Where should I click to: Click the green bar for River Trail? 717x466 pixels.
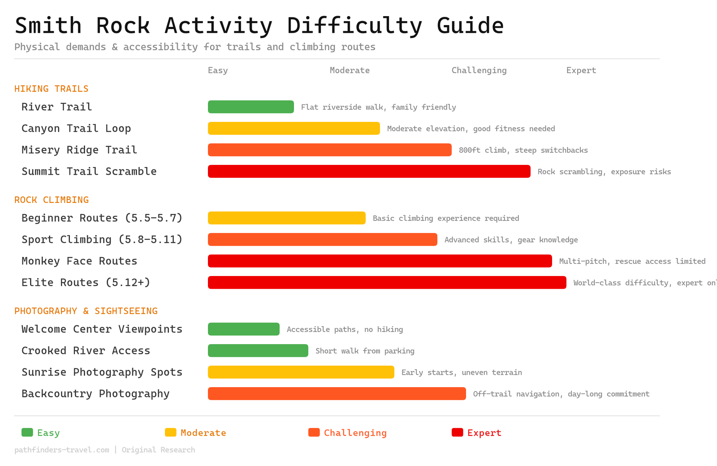[251, 107]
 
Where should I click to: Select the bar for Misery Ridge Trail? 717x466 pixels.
[329, 150]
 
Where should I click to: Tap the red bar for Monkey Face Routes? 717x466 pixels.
[380, 261]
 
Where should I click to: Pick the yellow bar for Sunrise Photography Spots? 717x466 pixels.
[301, 372]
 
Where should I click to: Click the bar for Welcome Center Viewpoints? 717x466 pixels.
[243, 329]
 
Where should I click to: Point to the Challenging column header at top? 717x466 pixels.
[479, 70]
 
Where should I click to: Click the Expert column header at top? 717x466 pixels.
[581, 70]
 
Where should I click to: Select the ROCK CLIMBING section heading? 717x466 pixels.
[52, 200]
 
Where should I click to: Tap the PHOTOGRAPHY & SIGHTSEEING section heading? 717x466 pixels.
[86, 311]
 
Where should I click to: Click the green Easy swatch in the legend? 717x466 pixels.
[27, 432]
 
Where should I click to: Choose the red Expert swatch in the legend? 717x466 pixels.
[457, 432]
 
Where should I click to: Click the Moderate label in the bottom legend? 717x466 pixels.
[203, 433]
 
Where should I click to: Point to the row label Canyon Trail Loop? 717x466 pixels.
[76, 129]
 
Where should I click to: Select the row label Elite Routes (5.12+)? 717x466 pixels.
[86, 283]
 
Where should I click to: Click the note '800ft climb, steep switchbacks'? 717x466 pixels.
[523, 150]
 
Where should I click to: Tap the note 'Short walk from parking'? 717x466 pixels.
[365, 351]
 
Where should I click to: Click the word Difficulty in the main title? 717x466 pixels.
[354, 26]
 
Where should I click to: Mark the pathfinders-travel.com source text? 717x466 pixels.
[62, 450]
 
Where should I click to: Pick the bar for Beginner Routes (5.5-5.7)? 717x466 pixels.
[286, 218]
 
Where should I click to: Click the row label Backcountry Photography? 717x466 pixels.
[95, 394]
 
